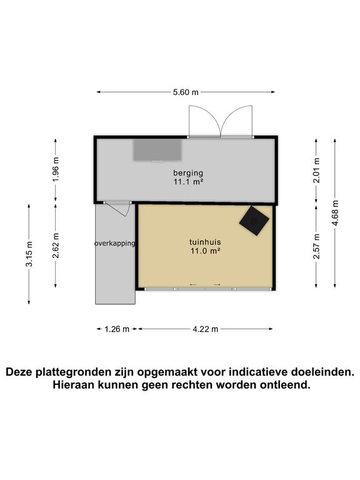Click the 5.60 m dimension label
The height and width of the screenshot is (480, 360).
click(x=186, y=92)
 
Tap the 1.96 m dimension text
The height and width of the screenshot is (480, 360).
click(x=56, y=170)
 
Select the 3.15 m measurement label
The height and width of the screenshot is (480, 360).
click(x=29, y=256)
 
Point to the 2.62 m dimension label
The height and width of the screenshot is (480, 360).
click(x=56, y=246)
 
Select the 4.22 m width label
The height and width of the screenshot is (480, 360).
click(x=206, y=329)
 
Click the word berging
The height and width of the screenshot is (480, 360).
click(x=188, y=173)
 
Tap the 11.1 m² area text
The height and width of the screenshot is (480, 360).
click(x=188, y=182)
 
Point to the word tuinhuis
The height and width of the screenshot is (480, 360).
click(x=206, y=242)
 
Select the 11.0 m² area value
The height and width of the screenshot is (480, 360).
click(x=206, y=251)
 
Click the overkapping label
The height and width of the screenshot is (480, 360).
click(x=115, y=243)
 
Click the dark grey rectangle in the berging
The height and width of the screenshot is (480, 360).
click(x=157, y=149)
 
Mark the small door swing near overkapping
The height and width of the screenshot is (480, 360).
click(x=119, y=207)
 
